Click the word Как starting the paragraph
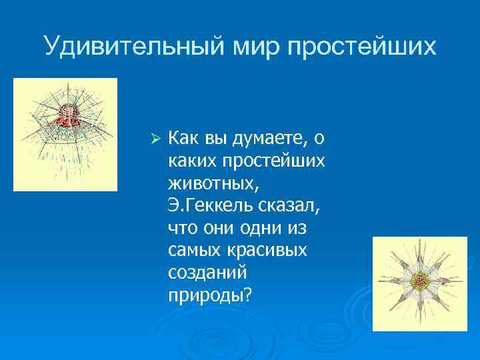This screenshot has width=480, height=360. pos(183,138)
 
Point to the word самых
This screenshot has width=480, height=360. pos(193,251)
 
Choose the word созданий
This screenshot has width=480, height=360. pos(207,273)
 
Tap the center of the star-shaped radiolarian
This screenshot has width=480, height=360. pos(419,280)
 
